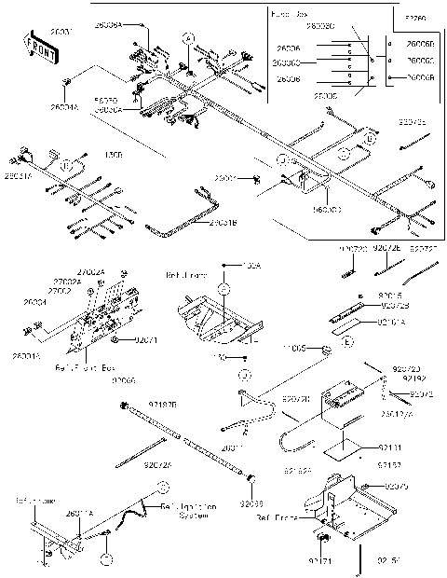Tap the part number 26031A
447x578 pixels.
click(x=17, y=174)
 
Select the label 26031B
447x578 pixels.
click(x=223, y=222)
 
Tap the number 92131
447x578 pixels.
click(x=390, y=447)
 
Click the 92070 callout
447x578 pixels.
click(x=398, y=487)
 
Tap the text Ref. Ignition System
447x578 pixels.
click(x=190, y=511)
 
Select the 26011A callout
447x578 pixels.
click(x=79, y=514)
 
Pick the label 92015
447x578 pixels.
click(x=390, y=296)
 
